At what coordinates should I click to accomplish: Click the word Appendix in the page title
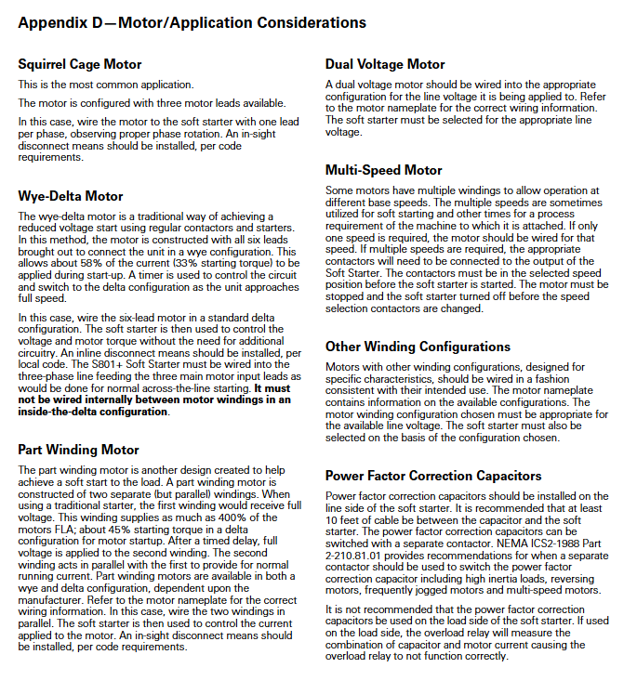53,23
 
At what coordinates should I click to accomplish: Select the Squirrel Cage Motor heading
80,65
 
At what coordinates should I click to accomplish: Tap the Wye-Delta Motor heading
71,196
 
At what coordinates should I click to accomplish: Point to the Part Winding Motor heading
78,450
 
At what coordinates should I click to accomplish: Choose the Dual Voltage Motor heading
385,65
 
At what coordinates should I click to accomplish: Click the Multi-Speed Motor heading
383,170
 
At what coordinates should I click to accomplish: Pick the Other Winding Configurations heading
418,347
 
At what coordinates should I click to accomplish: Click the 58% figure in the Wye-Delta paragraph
97,263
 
